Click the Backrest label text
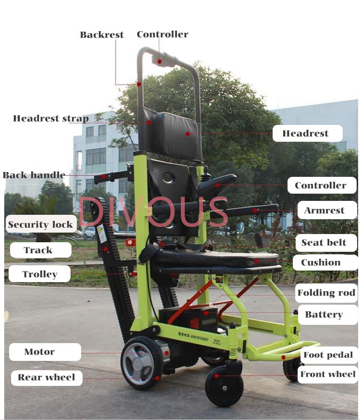[102, 35]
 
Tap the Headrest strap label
[51, 118]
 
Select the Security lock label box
[41, 224]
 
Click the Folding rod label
[326, 293]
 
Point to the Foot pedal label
[328, 355]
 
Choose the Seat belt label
[326, 243]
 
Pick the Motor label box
[45, 352]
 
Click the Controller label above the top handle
[162, 34]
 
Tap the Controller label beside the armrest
[322, 185]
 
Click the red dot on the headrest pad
[188, 134]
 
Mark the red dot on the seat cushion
[256, 260]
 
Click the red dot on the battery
[206, 313]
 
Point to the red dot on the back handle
[104, 177]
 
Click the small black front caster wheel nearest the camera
[224, 386]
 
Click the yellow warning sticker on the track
[102, 233]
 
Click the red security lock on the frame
[130, 242]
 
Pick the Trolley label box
[39, 274]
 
